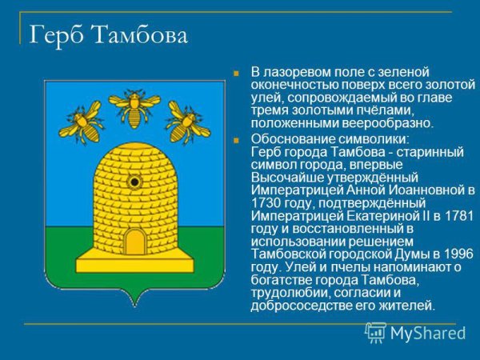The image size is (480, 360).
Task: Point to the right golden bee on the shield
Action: [187, 122]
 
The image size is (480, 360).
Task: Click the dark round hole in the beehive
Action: [134, 182]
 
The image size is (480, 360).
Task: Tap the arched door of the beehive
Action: [134, 242]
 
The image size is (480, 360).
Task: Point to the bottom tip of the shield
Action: [134, 306]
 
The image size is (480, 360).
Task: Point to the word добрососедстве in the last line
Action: [296, 305]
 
